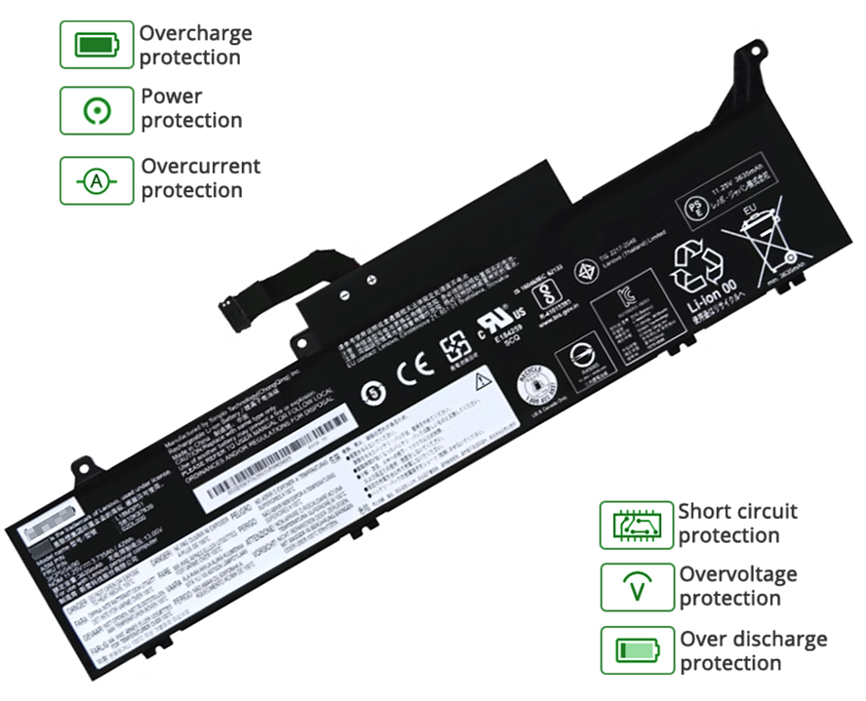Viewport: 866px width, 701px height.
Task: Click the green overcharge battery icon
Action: click(x=96, y=45)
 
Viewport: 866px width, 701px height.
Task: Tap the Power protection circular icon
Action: click(x=96, y=110)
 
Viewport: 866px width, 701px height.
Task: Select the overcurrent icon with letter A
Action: click(x=96, y=180)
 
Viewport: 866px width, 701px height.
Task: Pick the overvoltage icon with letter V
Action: click(x=636, y=588)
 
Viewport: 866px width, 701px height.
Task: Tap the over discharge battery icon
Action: click(x=636, y=651)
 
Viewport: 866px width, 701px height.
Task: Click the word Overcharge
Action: click(x=195, y=33)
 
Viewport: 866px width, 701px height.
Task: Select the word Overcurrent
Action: click(x=201, y=167)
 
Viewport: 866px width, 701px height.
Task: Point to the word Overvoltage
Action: click(x=738, y=574)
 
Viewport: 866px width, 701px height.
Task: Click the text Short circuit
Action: click(x=738, y=511)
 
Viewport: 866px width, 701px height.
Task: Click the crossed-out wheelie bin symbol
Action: click(x=769, y=238)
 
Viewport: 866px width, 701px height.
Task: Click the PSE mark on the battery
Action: click(x=690, y=209)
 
